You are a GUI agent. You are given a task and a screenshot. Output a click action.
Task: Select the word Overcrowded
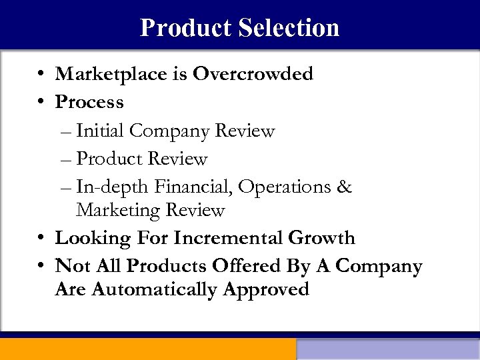[x=253, y=74]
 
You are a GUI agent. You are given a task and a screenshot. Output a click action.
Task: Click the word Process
[x=89, y=102]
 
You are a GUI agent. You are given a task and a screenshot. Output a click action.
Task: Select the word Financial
[x=193, y=187]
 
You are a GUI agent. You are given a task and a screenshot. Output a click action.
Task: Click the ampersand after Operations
[x=345, y=187]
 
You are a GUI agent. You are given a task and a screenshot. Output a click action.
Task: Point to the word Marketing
[x=118, y=210]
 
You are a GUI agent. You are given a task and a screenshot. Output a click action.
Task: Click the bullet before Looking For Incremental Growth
[x=41, y=238]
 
